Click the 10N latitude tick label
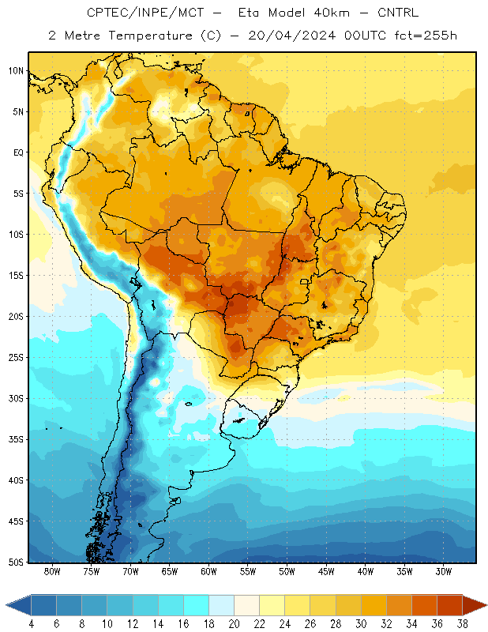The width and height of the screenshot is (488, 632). click(x=16, y=71)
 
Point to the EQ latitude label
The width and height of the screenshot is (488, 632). click(x=18, y=152)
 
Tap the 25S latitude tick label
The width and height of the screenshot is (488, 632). click(x=16, y=358)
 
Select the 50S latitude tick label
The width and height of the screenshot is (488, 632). click(x=16, y=562)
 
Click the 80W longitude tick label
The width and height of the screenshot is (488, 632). click(x=52, y=571)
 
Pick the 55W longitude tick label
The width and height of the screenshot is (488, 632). click(x=248, y=571)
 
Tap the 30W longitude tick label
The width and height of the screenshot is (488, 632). click(x=443, y=571)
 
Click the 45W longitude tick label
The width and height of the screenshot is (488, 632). click(x=326, y=571)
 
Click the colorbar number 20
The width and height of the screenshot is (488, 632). click(x=234, y=624)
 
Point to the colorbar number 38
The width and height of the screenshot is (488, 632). click(x=463, y=624)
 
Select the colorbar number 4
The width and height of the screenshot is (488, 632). click(x=31, y=624)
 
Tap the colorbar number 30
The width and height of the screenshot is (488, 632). click(x=361, y=624)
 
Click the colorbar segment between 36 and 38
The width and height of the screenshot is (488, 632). click(x=450, y=605)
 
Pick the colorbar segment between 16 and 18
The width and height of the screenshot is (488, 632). click(x=196, y=605)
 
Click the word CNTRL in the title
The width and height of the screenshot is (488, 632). click(x=398, y=13)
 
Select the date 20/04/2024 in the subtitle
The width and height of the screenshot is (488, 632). click(x=291, y=36)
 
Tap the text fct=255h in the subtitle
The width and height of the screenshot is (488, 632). click(x=426, y=36)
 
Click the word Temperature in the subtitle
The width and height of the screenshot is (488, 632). click(x=150, y=36)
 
